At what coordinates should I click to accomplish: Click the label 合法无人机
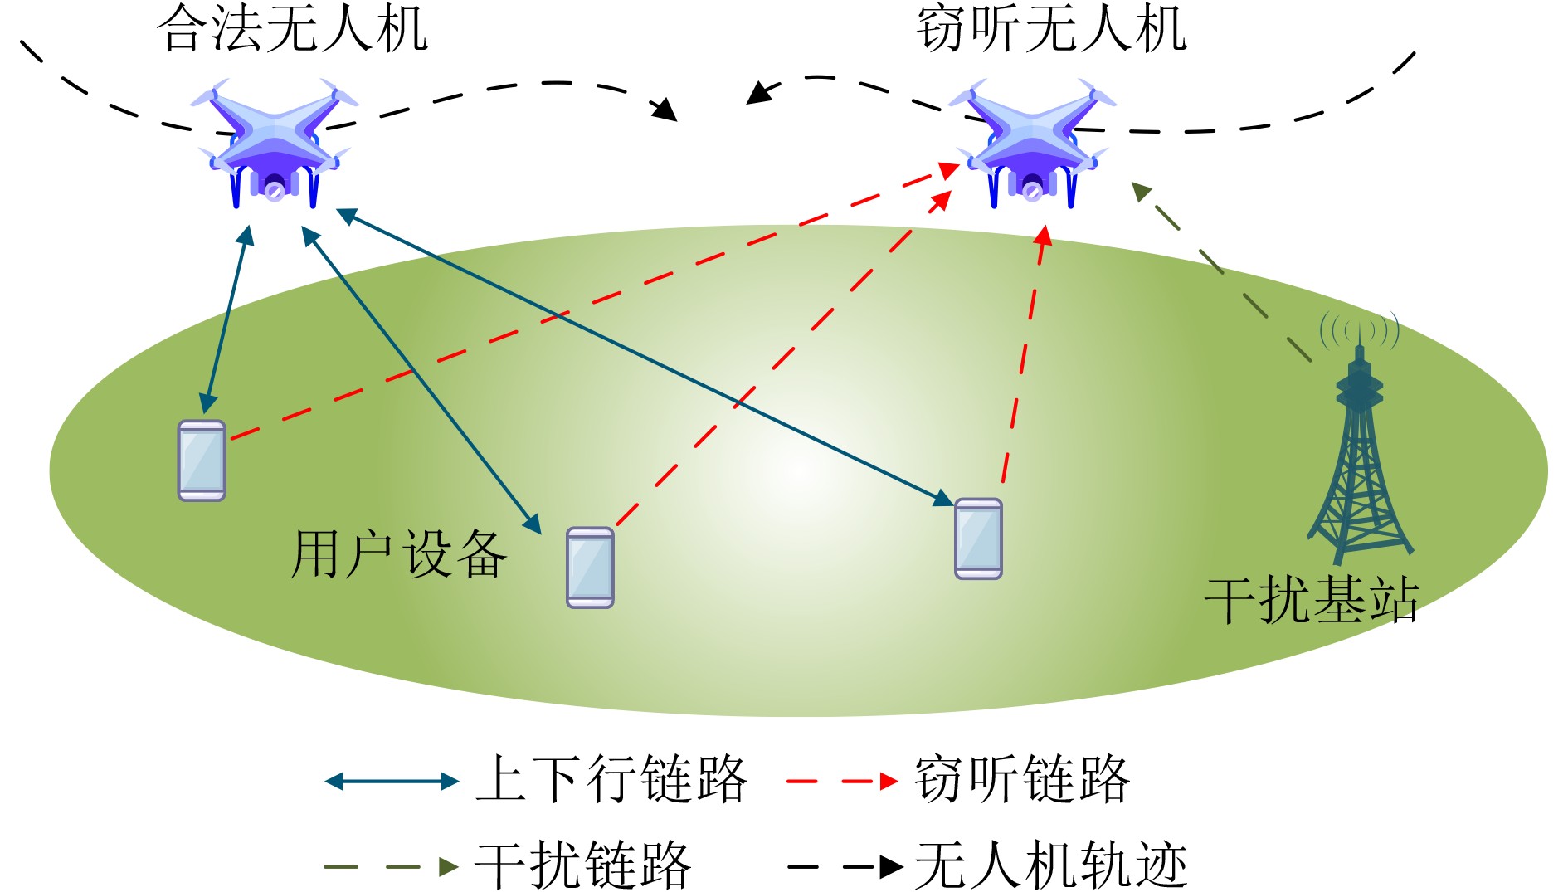click(x=292, y=28)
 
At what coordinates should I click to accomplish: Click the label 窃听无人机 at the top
click(x=1051, y=28)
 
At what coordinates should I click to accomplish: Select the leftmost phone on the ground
click(x=202, y=461)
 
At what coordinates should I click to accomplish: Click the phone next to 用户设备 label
click(x=590, y=568)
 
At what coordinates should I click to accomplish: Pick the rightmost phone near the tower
click(x=978, y=539)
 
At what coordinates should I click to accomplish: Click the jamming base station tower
click(x=1359, y=465)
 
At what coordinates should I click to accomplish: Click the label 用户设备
click(x=398, y=553)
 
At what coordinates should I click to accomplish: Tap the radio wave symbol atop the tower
click(x=1359, y=329)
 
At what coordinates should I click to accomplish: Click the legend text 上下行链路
click(x=611, y=779)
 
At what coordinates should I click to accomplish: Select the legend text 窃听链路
click(x=1021, y=779)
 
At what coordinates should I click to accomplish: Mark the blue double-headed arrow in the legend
click(x=392, y=781)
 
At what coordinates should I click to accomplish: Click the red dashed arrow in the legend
click(x=841, y=781)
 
